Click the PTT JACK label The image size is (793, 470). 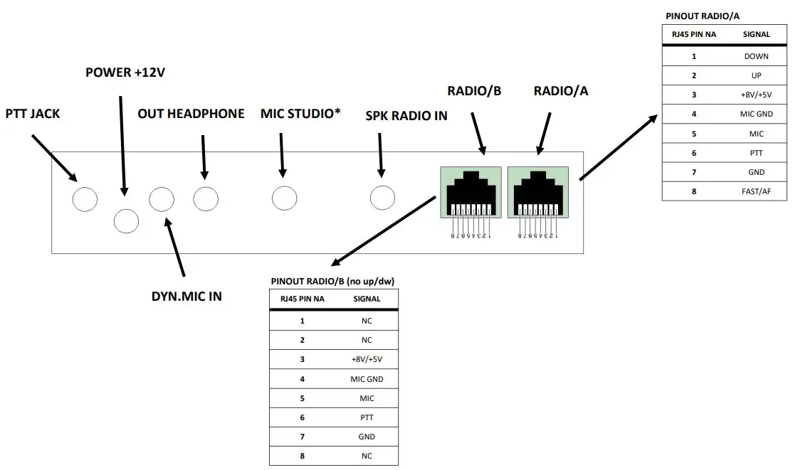(x=33, y=114)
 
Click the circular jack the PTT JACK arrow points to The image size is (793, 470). (x=85, y=199)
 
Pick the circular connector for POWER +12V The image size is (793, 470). (x=126, y=221)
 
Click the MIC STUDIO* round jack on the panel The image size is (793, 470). (x=284, y=198)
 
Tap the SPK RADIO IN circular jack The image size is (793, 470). (x=382, y=198)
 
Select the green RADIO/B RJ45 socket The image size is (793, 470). (x=471, y=192)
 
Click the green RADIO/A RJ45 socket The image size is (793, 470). (x=538, y=192)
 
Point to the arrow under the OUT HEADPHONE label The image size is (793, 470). (x=204, y=156)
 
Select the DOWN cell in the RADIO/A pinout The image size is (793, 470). (x=756, y=56)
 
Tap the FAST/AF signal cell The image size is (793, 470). (x=756, y=191)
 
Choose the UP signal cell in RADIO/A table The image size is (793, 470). (x=756, y=75)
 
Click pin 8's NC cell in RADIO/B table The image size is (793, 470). (x=367, y=456)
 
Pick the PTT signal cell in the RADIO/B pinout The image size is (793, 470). (x=367, y=417)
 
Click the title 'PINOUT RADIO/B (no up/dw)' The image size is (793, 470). (x=332, y=282)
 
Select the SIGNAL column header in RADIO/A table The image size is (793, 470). (x=756, y=33)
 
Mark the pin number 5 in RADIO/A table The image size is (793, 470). (x=693, y=134)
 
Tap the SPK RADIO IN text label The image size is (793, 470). (x=406, y=116)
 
